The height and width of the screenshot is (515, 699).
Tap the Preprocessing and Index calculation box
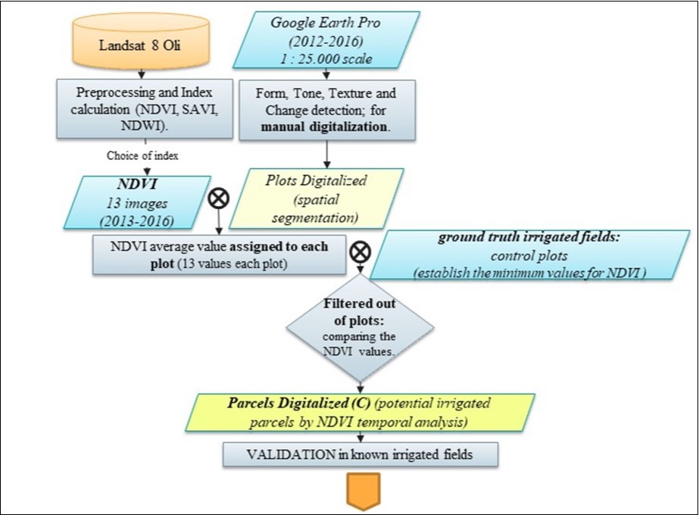143,111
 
